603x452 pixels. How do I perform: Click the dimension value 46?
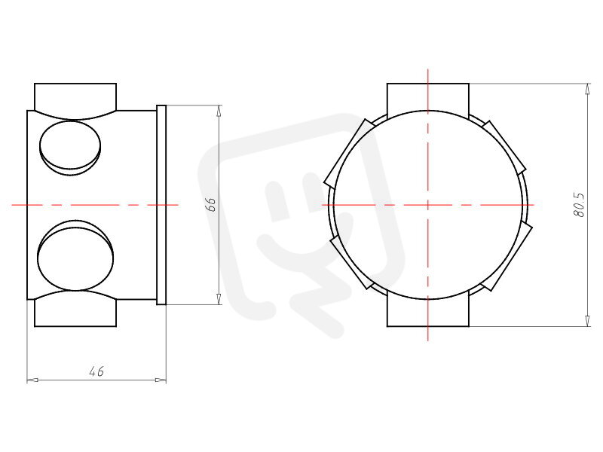(96, 371)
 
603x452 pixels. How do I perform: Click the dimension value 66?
(210, 205)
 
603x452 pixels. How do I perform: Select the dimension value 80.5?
(579, 205)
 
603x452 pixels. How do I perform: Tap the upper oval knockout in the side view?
(70, 148)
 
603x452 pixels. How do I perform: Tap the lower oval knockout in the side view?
(75, 255)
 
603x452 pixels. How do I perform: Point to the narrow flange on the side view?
(161, 205)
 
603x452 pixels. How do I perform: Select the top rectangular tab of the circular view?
(428, 101)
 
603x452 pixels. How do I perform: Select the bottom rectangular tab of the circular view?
(428, 309)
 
